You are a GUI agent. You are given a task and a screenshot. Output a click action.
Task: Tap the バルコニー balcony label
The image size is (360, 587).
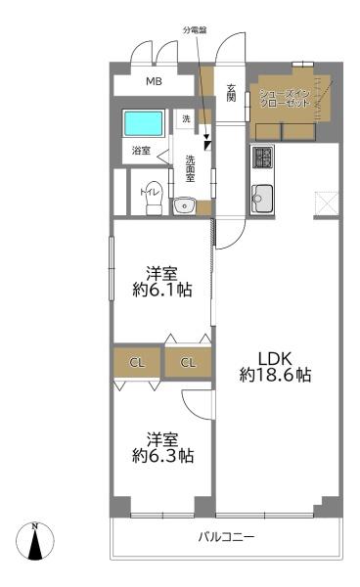226,537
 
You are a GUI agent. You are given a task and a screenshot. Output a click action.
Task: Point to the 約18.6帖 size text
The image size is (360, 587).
275,375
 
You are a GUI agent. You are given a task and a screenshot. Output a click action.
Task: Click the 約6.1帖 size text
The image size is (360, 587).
161,290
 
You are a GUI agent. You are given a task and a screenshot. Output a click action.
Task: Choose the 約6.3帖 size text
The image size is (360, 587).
161,455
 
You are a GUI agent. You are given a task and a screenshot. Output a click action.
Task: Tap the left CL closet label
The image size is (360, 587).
137,364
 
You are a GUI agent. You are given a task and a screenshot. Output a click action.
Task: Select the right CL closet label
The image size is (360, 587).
189,364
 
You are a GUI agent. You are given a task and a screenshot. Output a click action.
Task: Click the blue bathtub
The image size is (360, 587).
143,124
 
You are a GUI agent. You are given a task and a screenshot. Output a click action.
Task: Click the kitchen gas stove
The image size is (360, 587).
262,157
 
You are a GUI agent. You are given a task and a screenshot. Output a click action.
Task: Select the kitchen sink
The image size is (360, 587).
262,199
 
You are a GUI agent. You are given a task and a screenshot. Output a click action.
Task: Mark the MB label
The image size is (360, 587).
155,82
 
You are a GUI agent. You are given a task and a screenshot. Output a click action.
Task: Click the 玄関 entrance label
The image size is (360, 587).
232,93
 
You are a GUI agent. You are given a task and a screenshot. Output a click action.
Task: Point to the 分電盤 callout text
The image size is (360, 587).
195,30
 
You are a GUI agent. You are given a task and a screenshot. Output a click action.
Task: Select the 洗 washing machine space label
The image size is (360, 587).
186,118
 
